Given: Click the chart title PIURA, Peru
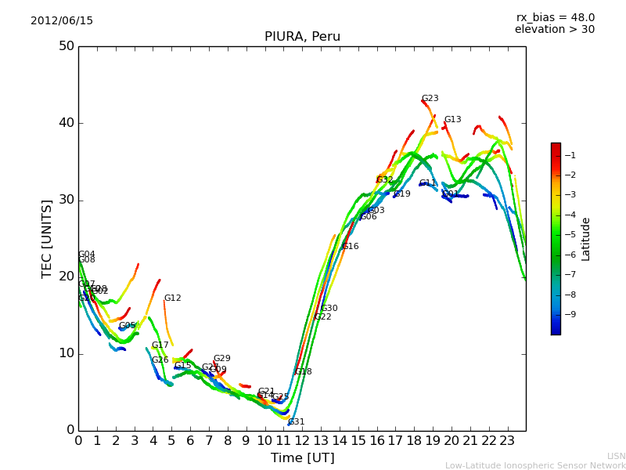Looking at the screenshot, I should click(x=302, y=37).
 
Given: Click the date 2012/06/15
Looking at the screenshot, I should click(x=62, y=21).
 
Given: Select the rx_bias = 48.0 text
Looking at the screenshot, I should click(x=555, y=17).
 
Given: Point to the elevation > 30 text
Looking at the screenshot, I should click(x=554, y=30).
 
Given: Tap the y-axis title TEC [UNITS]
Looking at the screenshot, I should click(x=47, y=238).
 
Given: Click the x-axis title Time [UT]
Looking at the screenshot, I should click(x=302, y=458).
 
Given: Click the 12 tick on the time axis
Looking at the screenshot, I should click(x=302, y=441).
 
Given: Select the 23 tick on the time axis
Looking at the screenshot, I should click(x=507, y=441).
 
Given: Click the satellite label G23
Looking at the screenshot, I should click(x=430, y=99).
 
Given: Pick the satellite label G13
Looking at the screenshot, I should click(x=452, y=120).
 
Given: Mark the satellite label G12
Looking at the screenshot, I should click(x=172, y=298).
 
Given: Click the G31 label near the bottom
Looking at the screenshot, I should click(x=296, y=422).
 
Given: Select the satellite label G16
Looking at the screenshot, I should click(x=350, y=247).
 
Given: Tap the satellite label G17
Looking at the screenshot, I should click(x=160, y=345).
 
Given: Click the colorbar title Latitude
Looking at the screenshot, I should click(x=586, y=239).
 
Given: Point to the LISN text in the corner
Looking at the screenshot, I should click(x=616, y=456).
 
